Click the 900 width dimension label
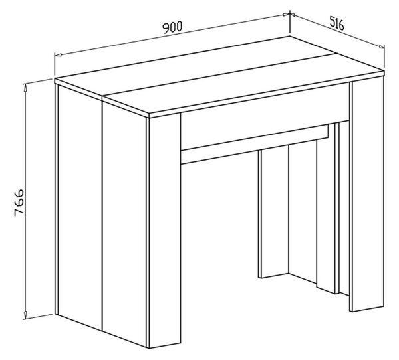172,27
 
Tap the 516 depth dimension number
337,23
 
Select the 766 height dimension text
19,203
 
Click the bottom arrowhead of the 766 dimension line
25,315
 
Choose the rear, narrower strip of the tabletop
195,66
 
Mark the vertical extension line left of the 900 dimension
55,64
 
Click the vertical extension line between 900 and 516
290,22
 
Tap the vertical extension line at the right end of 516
384,56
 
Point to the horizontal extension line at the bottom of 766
38,317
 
